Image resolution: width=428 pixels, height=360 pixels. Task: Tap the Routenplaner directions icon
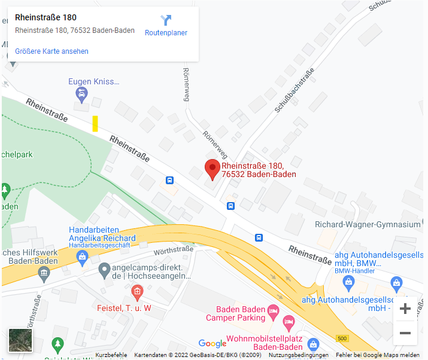[x=166, y=21]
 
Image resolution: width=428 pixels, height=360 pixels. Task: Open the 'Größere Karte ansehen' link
[x=51, y=51]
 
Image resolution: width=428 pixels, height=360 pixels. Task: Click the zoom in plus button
[x=405, y=309]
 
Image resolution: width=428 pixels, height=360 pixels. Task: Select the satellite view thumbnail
[x=20, y=340]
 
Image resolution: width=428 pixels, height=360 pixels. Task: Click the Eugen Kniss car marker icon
[x=81, y=94]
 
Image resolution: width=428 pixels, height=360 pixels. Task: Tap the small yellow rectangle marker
[x=95, y=123]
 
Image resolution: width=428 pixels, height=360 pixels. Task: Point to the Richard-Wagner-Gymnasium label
[x=368, y=224]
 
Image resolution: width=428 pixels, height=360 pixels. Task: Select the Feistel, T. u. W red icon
[x=137, y=292]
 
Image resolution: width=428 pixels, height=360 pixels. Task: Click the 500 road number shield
[x=342, y=339]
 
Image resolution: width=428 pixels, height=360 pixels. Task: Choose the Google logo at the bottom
[x=213, y=343]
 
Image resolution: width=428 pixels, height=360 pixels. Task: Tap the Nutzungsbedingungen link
[x=298, y=355]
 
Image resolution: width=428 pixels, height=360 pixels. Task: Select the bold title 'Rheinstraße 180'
[x=45, y=17]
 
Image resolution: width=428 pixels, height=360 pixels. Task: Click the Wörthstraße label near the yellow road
[x=173, y=251]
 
